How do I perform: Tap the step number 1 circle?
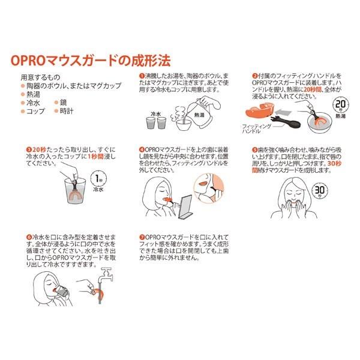click(142, 76)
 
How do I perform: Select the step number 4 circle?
click(142, 150)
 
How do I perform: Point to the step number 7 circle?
click(142, 237)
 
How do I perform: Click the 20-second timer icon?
click(340, 105)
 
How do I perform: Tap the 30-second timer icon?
click(319, 190)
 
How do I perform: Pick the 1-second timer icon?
click(98, 179)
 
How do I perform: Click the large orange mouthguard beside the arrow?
click(260, 111)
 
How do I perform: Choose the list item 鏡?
click(63, 103)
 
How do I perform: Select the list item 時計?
click(67, 111)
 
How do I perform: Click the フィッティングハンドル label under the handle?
click(257, 129)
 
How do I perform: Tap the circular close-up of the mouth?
click(209, 188)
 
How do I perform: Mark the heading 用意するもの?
click(40, 77)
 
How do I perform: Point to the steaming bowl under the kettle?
click(184, 124)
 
